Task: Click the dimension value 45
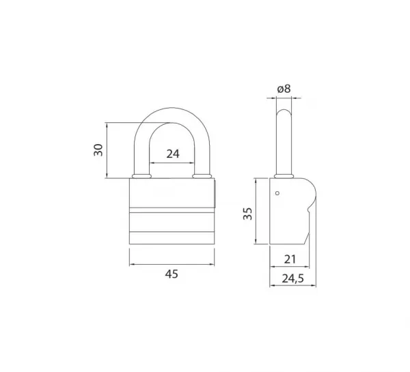point(172,274)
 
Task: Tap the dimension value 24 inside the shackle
point(173,154)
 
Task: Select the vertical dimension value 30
point(98,149)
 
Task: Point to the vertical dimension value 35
point(247,214)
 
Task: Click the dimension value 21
point(290,259)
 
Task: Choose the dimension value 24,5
point(293,278)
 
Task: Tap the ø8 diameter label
point(284,89)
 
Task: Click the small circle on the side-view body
point(277,193)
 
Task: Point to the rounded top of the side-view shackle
point(284,111)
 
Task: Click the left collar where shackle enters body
point(141,176)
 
